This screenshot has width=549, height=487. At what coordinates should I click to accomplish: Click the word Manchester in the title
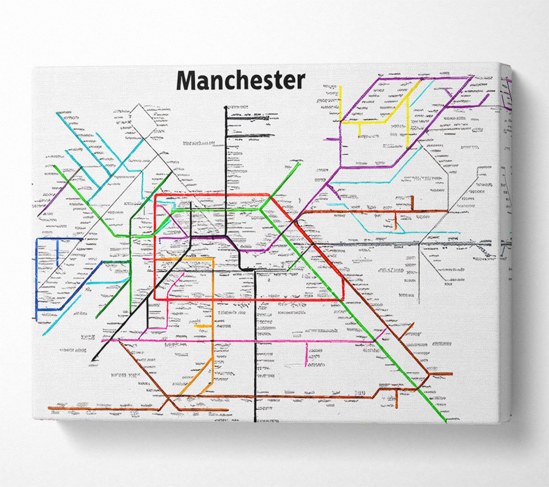pos(241,81)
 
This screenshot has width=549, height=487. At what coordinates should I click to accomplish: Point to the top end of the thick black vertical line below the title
pos(226,107)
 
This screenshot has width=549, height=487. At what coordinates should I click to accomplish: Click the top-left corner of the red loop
pos(156,196)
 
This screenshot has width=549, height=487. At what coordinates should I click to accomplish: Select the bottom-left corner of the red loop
pos(156,299)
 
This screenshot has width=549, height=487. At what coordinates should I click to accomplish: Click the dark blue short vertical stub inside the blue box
pos(57,253)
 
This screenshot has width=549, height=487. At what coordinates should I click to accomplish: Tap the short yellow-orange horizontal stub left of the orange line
pos(203,326)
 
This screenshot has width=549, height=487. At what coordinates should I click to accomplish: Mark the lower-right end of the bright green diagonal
pos(445,422)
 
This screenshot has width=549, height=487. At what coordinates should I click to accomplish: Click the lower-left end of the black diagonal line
pos(93,360)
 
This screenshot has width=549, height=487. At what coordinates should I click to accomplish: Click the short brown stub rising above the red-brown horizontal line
pos(412,202)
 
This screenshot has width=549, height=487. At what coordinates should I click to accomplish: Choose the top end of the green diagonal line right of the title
pos(300,162)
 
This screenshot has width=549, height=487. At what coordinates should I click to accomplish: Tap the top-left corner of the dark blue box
pos(37,239)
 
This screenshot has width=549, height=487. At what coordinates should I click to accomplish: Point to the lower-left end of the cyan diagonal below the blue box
pos(44,335)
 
